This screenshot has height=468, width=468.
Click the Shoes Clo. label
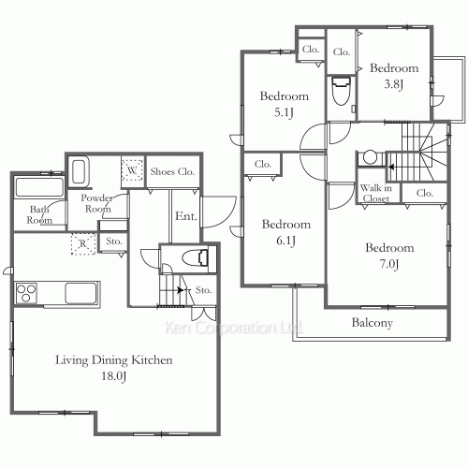[x=172, y=171]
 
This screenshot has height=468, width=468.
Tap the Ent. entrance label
[x=186, y=216]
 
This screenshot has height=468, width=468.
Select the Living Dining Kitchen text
[x=114, y=360]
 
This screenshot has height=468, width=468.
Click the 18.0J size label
[x=114, y=376]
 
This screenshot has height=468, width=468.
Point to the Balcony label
[x=372, y=323]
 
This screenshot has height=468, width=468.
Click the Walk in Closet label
[x=376, y=193]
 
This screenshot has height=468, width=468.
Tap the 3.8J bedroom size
[x=394, y=84]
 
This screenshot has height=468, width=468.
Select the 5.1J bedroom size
[x=285, y=112]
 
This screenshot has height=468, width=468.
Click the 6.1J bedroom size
[x=286, y=241]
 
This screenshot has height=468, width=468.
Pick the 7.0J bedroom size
[x=389, y=264]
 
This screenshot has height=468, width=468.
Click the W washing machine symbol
[x=132, y=170]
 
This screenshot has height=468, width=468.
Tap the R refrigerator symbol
[x=83, y=243]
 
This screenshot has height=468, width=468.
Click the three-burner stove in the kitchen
[x=26, y=293]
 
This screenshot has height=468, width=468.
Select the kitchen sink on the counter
[x=80, y=293]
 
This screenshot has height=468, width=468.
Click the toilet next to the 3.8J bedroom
[x=341, y=91]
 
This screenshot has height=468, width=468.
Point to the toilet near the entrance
[x=196, y=257]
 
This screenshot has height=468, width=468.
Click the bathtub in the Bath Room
[x=39, y=187]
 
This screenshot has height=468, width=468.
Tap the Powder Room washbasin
[x=80, y=171]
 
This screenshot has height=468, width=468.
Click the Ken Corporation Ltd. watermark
[x=234, y=328]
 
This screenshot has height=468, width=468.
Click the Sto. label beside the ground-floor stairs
[x=203, y=290]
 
